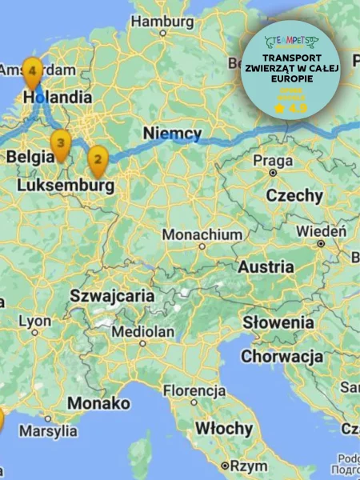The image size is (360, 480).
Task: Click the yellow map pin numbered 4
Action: click(x=31, y=72)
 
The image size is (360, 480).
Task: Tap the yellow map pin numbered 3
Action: click(x=60, y=144)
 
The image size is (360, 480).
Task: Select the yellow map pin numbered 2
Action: click(x=98, y=161)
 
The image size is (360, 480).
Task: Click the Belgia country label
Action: click(x=30, y=157)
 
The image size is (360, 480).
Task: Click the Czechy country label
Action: click(x=294, y=195)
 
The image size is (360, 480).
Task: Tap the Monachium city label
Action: click(x=202, y=235)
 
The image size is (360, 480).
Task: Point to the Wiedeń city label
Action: click(x=322, y=231)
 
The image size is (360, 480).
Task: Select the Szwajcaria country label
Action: click(x=112, y=295)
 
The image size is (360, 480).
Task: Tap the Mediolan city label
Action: click(x=143, y=331)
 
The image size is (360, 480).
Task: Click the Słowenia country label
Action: click(x=278, y=322)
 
